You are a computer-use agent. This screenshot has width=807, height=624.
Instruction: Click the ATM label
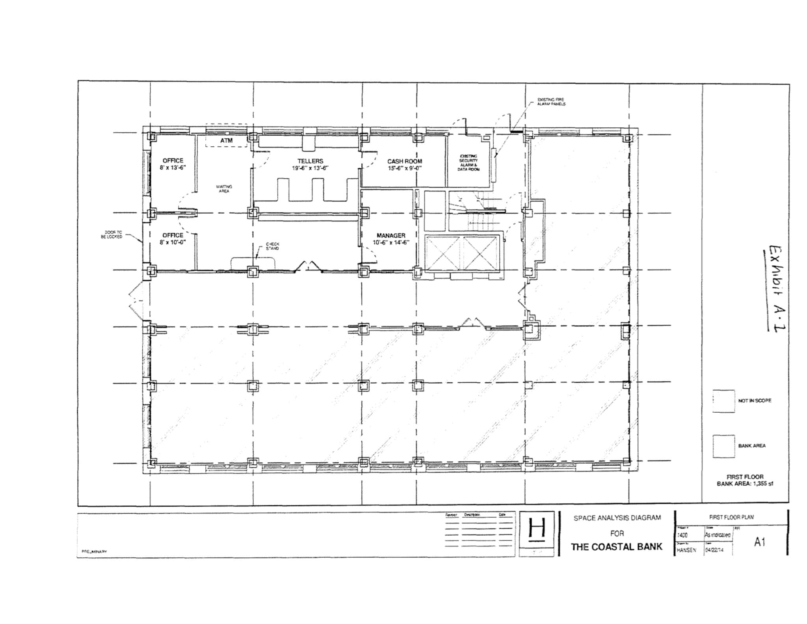227,141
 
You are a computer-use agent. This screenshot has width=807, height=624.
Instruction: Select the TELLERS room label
310,161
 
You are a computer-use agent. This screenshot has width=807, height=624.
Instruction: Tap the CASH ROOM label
404,161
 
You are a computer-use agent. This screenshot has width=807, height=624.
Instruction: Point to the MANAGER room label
391,235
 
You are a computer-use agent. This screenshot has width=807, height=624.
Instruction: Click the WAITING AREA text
224,189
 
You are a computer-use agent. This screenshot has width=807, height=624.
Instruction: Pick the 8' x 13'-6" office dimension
173,168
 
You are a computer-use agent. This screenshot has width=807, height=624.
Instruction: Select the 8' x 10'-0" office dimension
173,242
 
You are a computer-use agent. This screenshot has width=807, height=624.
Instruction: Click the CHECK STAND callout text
272,246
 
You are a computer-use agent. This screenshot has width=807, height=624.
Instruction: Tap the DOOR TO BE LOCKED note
112,235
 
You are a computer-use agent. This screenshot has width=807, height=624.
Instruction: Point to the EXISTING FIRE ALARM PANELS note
551,102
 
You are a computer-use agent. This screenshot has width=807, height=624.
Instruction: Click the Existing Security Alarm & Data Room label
468,163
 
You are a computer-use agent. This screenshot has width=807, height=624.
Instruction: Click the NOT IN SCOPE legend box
723,401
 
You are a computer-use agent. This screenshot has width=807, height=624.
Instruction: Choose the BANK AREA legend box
723,446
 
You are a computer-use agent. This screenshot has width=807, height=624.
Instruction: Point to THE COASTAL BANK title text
617,547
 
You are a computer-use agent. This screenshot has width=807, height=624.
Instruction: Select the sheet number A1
759,542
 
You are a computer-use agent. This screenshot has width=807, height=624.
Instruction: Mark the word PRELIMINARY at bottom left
94,552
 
